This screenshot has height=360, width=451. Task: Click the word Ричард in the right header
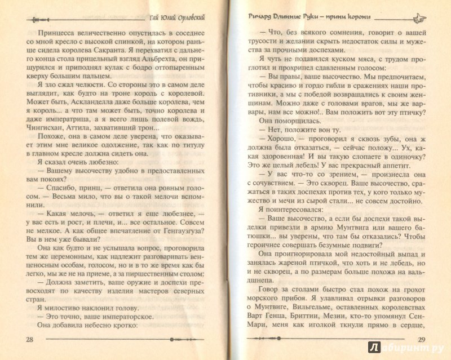(x=254, y=16)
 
